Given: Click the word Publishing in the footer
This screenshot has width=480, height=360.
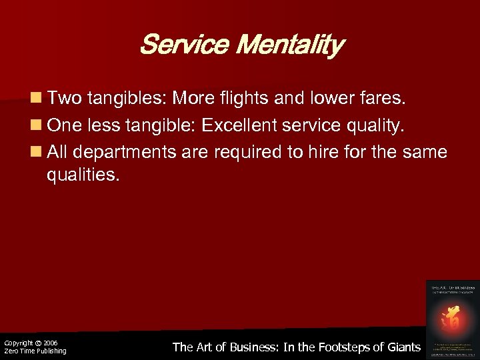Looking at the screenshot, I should pos(51,351).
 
